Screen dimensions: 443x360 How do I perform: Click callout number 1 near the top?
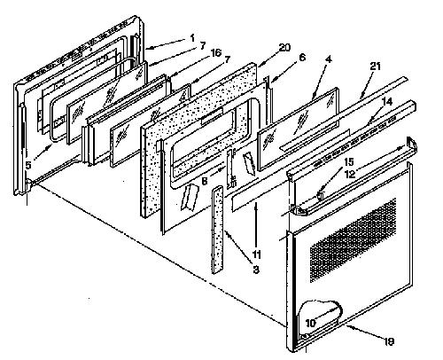click(x=192, y=38)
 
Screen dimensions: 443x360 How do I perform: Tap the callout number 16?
click(x=215, y=53)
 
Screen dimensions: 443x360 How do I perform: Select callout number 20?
click(x=284, y=48)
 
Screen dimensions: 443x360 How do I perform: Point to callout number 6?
click(x=302, y=57)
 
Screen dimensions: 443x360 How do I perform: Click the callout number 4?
click(x=329, y=59)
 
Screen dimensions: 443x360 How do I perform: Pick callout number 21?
click(x=375, y=67)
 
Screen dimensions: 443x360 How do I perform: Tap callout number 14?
click(x=387, y=102)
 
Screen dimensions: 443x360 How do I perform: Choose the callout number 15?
click(x=348, y=161)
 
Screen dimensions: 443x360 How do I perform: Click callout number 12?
click(x=350, y=174)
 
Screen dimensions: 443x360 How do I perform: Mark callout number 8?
click(x=205, y=181)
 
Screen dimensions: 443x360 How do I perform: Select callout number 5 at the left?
click(x=28, y=165)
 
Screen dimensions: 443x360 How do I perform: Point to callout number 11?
click(x=256, y=254)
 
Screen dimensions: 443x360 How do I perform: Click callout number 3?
click(x=256, y=270)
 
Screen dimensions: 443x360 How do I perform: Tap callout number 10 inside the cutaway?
click(x=310, y=323)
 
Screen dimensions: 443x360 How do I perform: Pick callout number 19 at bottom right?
click(x=389, y=341)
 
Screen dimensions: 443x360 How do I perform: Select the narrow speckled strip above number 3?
click(x=217, y=230)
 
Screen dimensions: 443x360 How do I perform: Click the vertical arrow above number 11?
click(x=256, y=225)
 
